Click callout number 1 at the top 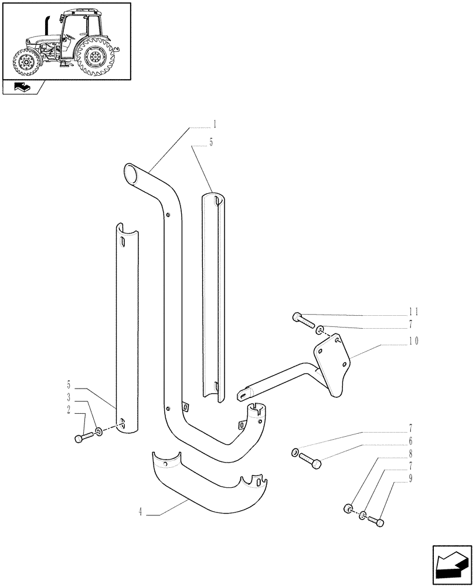(x=215, y=124)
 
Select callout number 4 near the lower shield (x=141, y=514)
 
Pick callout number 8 (x=410, y=453)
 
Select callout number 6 (x=410, y=440)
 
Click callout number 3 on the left (x=69, y=398)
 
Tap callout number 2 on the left (x=69, y=410)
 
